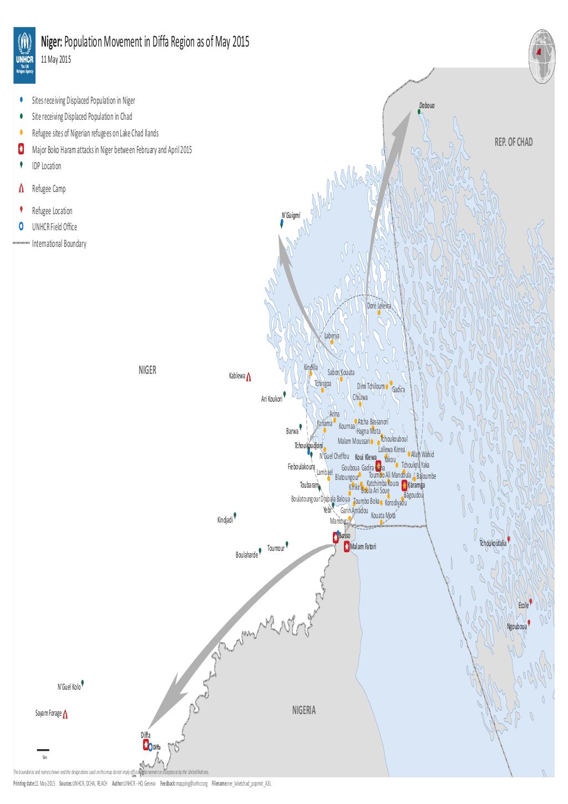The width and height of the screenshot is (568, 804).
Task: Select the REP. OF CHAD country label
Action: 513,143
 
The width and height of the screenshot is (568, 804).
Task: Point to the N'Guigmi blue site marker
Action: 282,224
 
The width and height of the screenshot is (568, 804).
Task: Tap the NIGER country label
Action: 148,370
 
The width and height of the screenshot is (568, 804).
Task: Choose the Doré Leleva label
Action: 379,306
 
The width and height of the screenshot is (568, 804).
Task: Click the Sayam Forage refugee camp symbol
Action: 65,714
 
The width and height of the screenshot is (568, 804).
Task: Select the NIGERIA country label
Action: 303,710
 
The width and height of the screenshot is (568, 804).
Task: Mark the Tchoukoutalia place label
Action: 493,543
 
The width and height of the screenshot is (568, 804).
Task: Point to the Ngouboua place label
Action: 517,626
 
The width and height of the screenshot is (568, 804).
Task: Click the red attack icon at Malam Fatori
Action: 347,547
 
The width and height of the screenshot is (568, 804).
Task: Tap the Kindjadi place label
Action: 225,520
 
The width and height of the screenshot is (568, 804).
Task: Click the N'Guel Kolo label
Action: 69,686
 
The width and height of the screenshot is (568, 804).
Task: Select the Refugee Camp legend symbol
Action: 21,189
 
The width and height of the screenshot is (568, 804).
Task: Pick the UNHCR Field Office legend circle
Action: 21,226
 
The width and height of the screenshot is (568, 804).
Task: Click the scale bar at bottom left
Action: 43,751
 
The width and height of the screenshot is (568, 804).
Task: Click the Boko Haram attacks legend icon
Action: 21,149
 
